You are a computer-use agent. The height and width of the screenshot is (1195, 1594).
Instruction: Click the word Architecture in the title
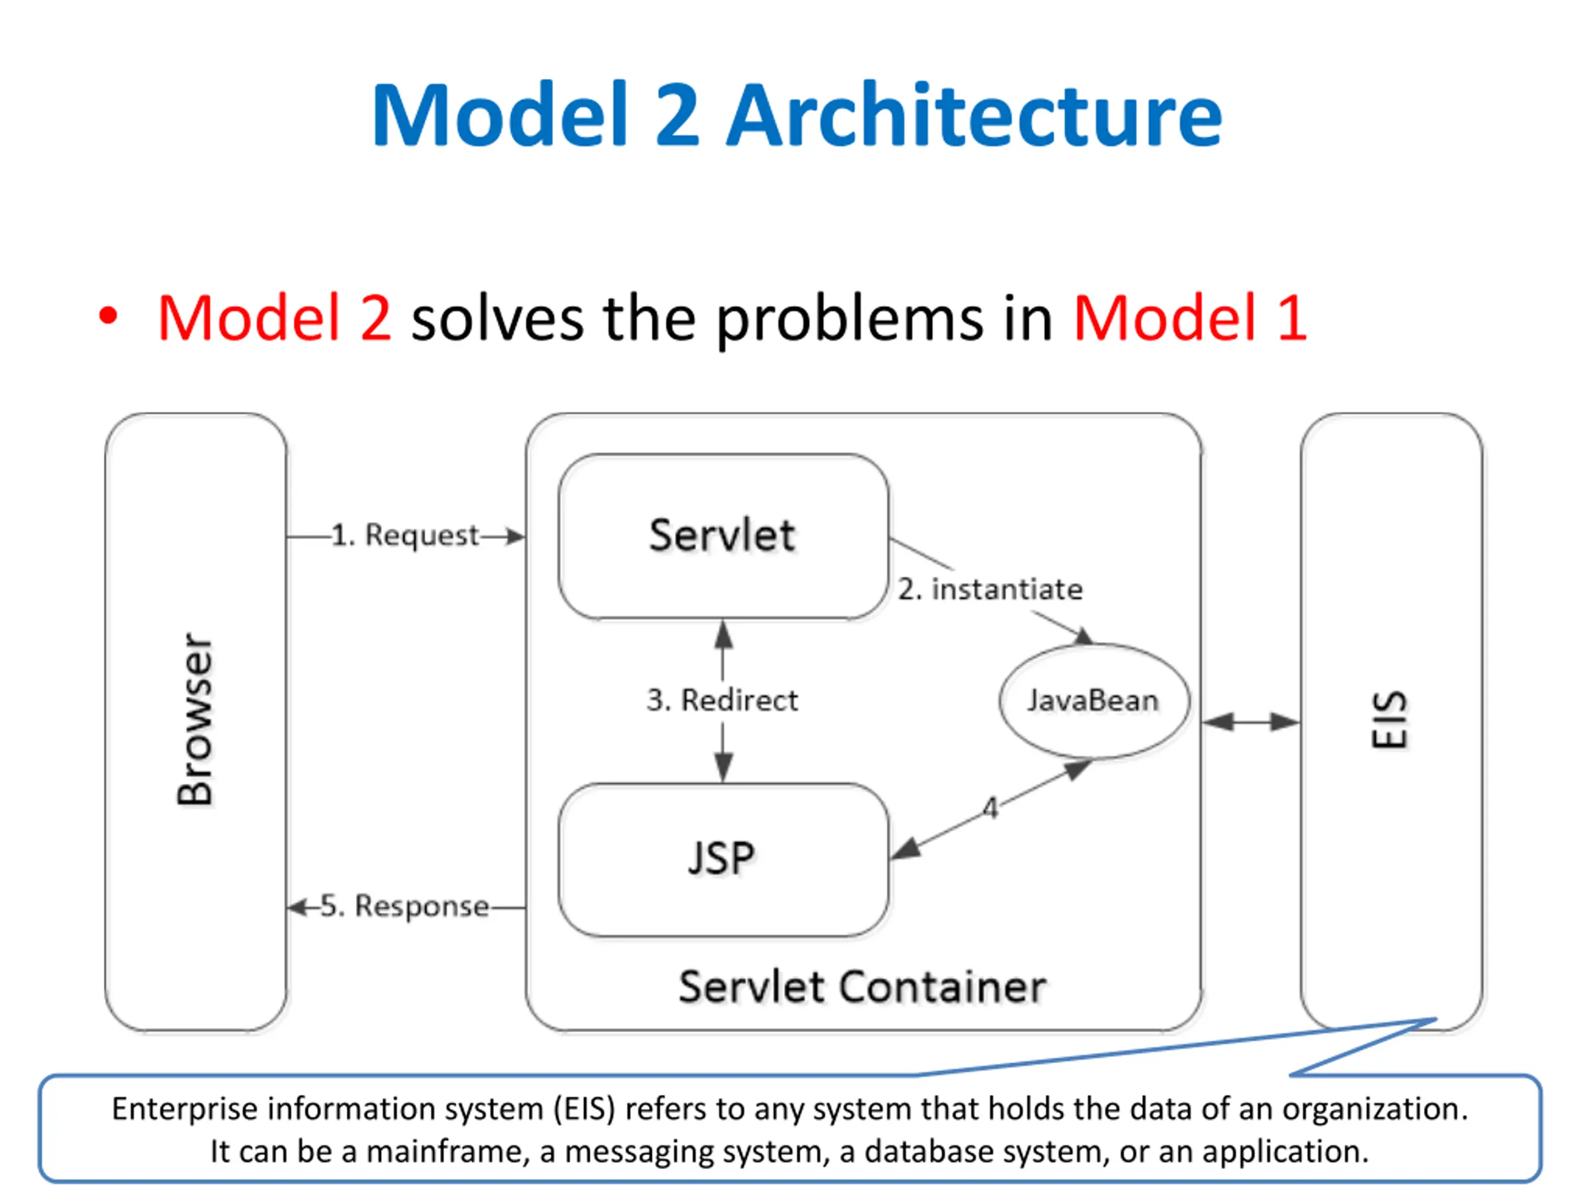coord(974,115)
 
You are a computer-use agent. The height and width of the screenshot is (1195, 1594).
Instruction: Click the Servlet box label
coord(722,535)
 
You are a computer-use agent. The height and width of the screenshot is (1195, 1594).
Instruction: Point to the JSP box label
coord(721,859)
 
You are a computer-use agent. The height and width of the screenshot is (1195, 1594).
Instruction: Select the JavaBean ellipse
coord(1093,701)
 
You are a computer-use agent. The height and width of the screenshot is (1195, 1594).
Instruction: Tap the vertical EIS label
coord(1389,720)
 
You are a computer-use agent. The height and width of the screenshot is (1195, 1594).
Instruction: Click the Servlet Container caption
coord(862,987)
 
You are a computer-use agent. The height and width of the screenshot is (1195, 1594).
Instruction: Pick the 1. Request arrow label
coord(405,536)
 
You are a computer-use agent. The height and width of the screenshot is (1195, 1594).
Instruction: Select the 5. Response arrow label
coord(404,906)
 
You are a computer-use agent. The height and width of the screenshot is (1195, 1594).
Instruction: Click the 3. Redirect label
coord(722,700)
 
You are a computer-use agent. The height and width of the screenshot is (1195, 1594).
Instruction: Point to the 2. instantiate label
coord(990,589)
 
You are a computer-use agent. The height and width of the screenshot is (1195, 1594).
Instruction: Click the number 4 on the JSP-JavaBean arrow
coord(991,808)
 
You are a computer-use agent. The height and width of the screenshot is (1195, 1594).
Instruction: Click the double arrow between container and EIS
coord(1251,722)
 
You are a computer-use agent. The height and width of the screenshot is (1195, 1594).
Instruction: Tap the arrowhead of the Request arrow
coord(515,537)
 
